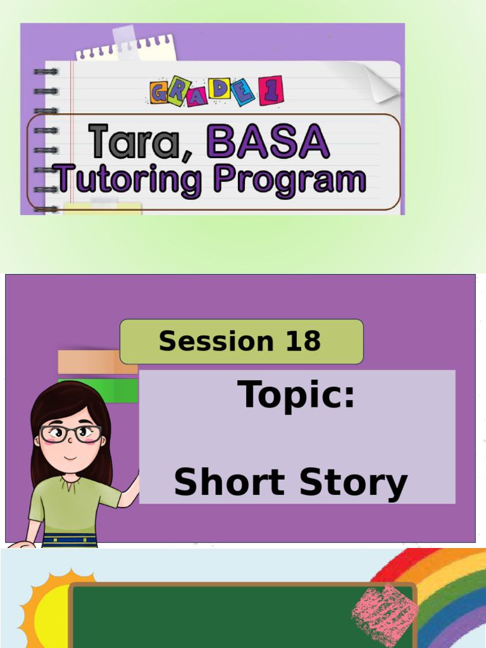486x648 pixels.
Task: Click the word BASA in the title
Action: click(267, 141)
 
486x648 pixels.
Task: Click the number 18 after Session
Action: click(303, 342)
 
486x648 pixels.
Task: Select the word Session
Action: click(216, 342)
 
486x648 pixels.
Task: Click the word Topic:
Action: click(296, 396)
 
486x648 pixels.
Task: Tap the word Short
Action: click(229, 483)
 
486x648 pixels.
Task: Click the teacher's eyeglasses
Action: click(70, 434)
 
